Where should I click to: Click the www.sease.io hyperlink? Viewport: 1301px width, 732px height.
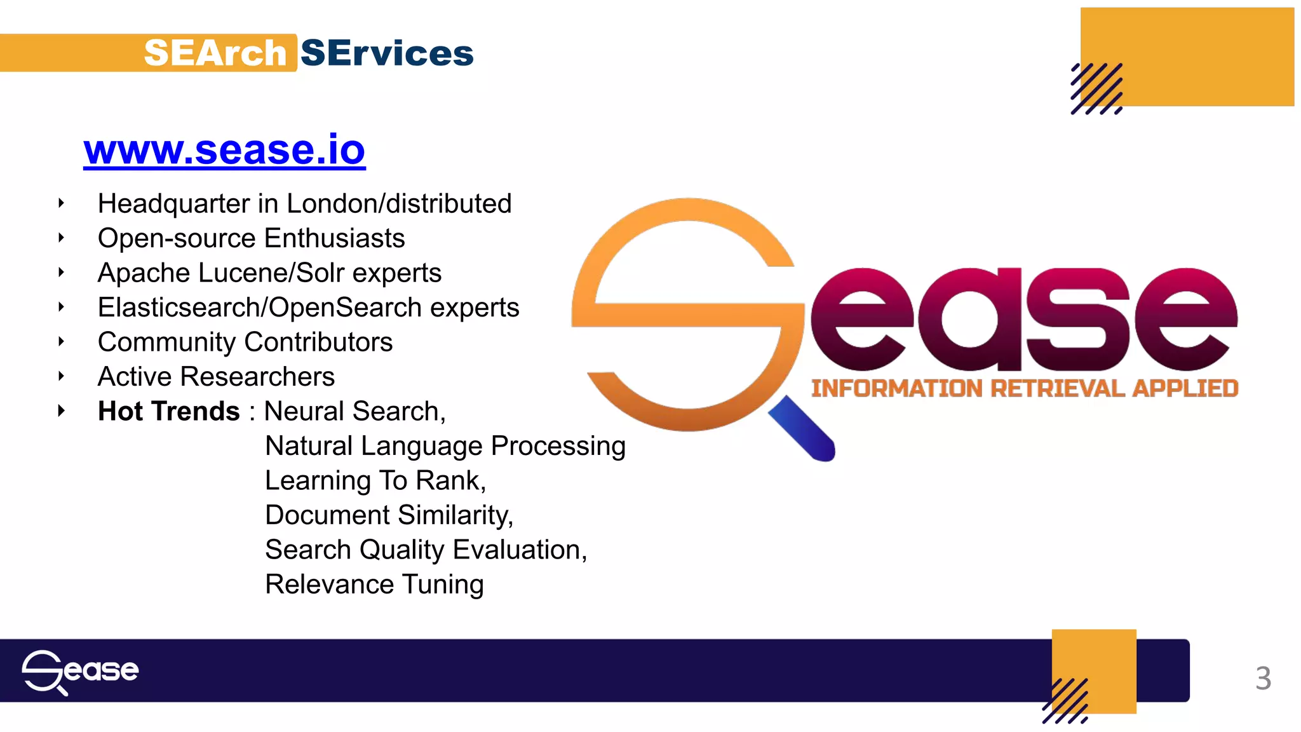click(224, 150)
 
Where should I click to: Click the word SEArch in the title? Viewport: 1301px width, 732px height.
click(215, 53)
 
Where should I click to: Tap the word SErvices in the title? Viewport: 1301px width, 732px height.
click(387, 53)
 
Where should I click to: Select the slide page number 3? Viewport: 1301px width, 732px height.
click(1263, 678)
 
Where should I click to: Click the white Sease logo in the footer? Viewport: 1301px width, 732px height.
click(80, 672)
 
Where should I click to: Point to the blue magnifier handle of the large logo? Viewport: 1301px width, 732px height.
click(802, 428)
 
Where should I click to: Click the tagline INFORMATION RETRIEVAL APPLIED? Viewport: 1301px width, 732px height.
click(1024, 388)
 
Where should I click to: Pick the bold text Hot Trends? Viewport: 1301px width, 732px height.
click(168, 411)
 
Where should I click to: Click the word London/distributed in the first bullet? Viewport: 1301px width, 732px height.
click(399, 204)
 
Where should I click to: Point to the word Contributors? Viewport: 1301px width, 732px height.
click(320, 342)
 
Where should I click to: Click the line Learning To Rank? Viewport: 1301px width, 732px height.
click(375, 480)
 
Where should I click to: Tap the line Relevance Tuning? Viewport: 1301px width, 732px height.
click(374, 585)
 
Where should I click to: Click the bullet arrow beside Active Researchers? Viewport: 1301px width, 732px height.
click(61, 376)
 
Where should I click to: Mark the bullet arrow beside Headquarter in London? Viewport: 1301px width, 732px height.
click(61, 203)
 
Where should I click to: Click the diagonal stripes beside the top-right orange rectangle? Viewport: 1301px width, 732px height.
click(1096, 89)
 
